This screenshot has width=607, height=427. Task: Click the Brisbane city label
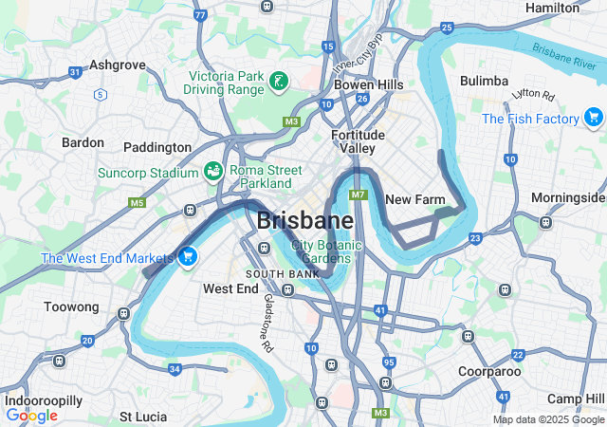click(304, 221)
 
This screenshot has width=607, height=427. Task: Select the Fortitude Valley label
click(359, 141)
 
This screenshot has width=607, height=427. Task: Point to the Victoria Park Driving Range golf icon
click(278, 82)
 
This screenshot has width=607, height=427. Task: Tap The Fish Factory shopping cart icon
click(594, 118)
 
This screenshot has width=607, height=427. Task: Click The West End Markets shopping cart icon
click(188, 256)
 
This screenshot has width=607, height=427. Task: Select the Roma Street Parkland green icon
click(214, 170)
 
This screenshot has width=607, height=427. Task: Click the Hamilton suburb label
click(552, 8)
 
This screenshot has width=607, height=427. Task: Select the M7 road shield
click(358, 195)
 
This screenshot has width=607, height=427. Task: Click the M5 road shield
click(138, 203)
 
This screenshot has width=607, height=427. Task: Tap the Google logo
click(31, 415)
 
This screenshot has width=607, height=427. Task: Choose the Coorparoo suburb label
click(488, 371)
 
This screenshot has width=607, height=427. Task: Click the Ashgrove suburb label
click(117, 65)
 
